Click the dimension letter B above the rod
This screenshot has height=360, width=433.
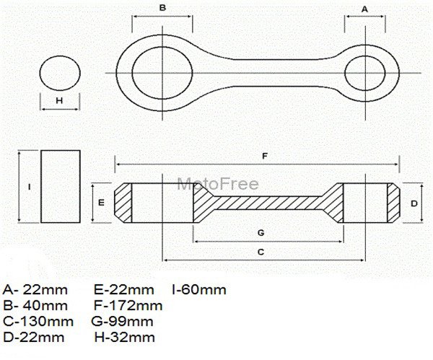pyautogui.click(x=163, y=7)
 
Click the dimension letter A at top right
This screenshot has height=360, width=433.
pyautogui.click(x=364, y=8)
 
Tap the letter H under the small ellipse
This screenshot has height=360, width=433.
pyautogui.click(x=60, y=100)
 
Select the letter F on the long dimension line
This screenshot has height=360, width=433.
pyautogui.click(x=265, y=154)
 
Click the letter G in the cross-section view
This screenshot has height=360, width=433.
pyautogui.click(x=261, y=232)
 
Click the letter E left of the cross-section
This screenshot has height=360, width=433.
pyautogui.click(x=102, y=203)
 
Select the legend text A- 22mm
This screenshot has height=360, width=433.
pyautogui.click(x=35, y=290)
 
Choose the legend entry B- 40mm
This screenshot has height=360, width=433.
pyautogui.click(x=35, y=305)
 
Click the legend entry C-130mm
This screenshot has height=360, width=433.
pyautogui.click(x=38, y=321)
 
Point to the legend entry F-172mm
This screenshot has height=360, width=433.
pyautogui.click(x=128, y=305)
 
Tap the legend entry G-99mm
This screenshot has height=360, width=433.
pyautogui.click(x=123, y=321)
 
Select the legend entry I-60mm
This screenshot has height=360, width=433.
pyautogui.click(x=199, y=290)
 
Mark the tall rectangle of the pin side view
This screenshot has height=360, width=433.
pyautogui.click(x=61, y=187)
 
